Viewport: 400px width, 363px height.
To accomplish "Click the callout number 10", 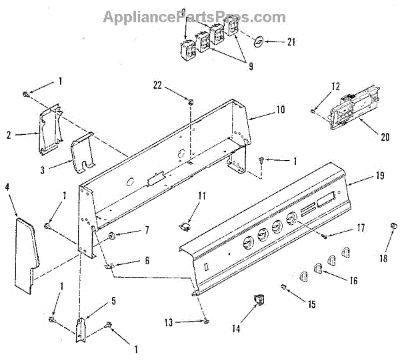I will pos(281,109).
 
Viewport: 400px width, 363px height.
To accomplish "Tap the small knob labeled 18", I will pos(393,228).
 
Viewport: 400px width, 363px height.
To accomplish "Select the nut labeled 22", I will pos(191,101).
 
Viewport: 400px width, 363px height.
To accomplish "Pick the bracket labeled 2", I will pos(48,131).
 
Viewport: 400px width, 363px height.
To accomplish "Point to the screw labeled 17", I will pos(325,234).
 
